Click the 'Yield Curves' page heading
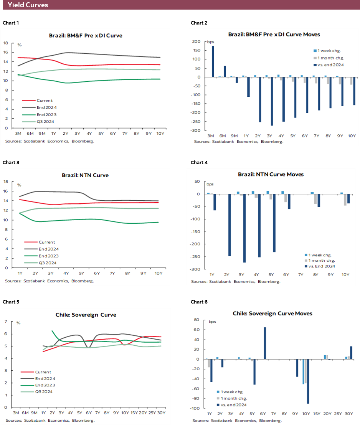28,5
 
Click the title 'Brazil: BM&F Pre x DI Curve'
86,35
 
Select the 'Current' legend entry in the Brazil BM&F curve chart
45,101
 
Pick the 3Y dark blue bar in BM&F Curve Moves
272,101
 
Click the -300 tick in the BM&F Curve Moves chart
197,130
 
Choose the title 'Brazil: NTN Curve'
85,175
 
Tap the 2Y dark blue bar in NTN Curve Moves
230,225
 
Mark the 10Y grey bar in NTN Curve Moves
345,200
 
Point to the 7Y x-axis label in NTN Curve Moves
301,275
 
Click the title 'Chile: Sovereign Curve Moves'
272,314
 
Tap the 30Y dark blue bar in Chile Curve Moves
351,353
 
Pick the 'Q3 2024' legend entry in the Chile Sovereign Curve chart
44,392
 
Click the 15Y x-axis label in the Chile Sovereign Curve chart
134,413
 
